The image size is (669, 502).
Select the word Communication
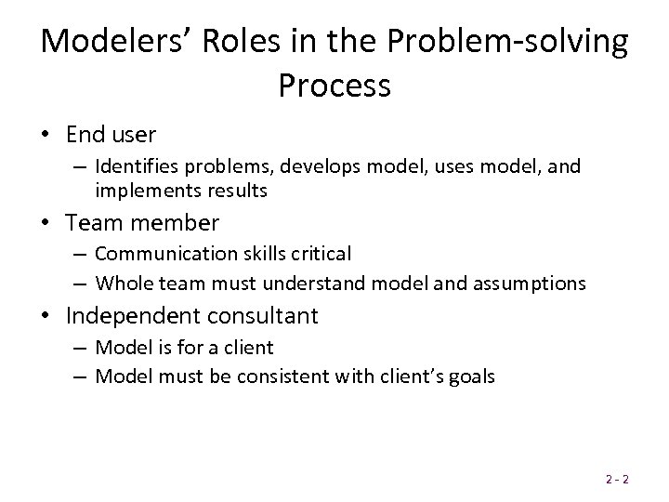click(x=156, y=254)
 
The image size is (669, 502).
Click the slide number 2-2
click(x=616, y=480)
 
